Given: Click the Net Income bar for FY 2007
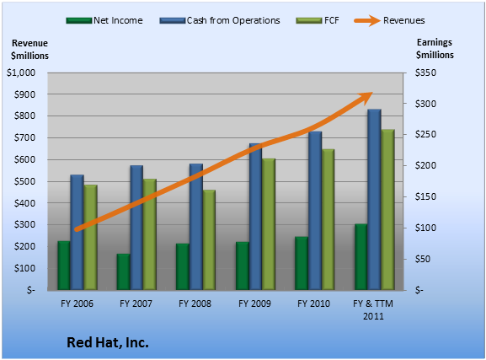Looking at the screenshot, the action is [x=123, y=271].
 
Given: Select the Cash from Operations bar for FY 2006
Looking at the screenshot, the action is [x=77, y=232].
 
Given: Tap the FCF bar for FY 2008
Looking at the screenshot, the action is [x=209, y=240].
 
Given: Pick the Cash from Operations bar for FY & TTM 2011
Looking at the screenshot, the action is [x=375, y=200].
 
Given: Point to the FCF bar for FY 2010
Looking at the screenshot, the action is [x=328, y=220].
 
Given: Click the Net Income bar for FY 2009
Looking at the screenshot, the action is [x=243, y=266].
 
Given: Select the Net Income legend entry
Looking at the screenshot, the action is [x=104, y=20].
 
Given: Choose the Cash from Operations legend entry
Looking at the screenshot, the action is [x=220, y=20].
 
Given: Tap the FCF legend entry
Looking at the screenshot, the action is [x=318, y=20].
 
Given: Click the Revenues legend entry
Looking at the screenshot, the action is [x=389, y=20].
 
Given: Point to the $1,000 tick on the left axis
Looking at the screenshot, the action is [x=21, y=73].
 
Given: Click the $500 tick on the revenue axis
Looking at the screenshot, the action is [x=24, y=181].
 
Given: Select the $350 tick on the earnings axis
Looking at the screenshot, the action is [x=425, y=73].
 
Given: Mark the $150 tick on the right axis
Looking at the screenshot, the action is [x=425, y=196].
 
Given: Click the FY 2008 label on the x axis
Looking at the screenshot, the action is [x=195, y=304].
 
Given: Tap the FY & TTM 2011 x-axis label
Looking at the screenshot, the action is [x=373, y=309].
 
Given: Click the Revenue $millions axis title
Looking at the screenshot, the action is [x=29, y=50].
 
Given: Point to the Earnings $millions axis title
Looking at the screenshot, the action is [x=435, y=48].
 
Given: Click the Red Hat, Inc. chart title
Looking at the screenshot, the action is [x=108, y=342].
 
